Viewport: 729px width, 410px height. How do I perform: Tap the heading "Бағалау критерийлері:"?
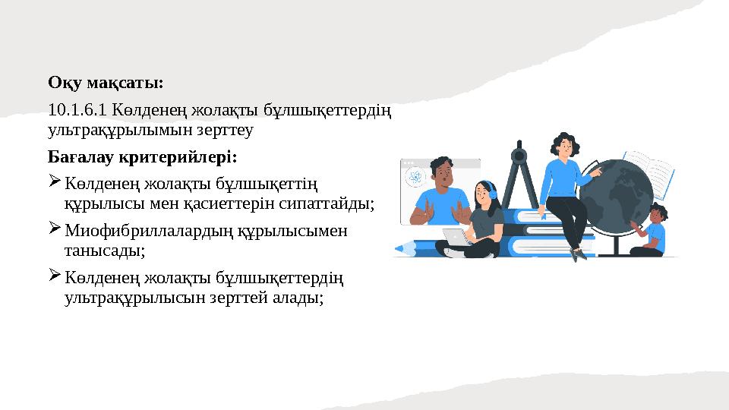click(x=142, y=158)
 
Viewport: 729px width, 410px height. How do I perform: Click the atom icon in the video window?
click(x=415, y=178)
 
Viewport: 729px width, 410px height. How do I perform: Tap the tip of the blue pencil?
click(x=396, y=248)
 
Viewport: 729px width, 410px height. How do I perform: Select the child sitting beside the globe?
click(x=652, y=231)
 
